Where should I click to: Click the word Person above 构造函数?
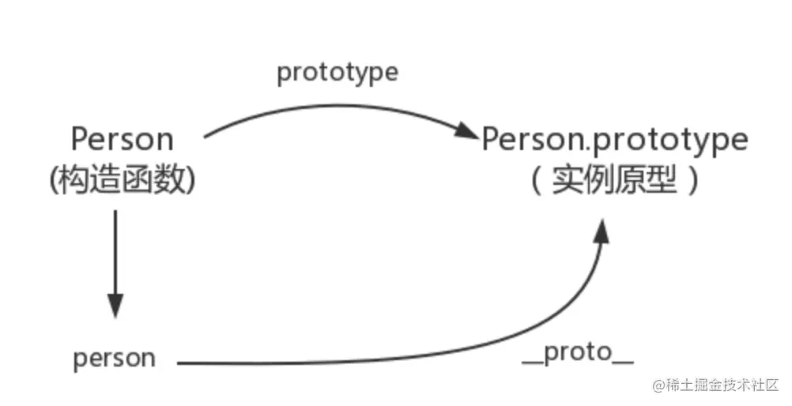122,140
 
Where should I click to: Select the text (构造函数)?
122,180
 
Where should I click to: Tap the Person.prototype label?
615,140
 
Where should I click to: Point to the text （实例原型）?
615,182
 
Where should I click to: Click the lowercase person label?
115,359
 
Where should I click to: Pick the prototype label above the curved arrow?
338,73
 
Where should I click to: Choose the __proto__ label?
578,353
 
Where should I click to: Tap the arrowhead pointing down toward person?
115,304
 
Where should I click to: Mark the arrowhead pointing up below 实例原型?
602,232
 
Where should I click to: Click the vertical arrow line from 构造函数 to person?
115,253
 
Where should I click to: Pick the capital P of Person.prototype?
491,140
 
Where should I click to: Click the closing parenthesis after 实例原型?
693,182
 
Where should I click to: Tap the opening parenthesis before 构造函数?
54,180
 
